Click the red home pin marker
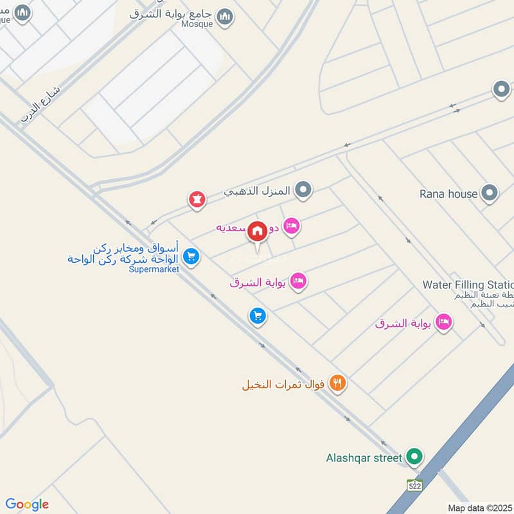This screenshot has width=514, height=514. [258, 232]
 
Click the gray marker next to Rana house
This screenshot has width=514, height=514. [490, 193]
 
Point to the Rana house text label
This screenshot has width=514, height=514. [448, 193]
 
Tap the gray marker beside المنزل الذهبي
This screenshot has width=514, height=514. [304, 190]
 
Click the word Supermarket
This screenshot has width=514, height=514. [154, 269]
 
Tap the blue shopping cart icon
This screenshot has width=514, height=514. [258, 315]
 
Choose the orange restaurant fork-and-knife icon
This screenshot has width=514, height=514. [337, 384]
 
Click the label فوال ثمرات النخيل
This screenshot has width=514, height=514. [285, 385]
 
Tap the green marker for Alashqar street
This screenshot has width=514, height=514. [415, 457]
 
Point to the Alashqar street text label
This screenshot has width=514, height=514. [363, 458]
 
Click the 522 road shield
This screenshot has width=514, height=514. [414, 486]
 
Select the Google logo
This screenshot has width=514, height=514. [27, 504]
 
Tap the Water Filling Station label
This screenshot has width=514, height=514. [468, 285]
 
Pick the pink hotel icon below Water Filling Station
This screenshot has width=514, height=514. [443, 323]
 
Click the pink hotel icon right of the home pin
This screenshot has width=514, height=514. [292, 226]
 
